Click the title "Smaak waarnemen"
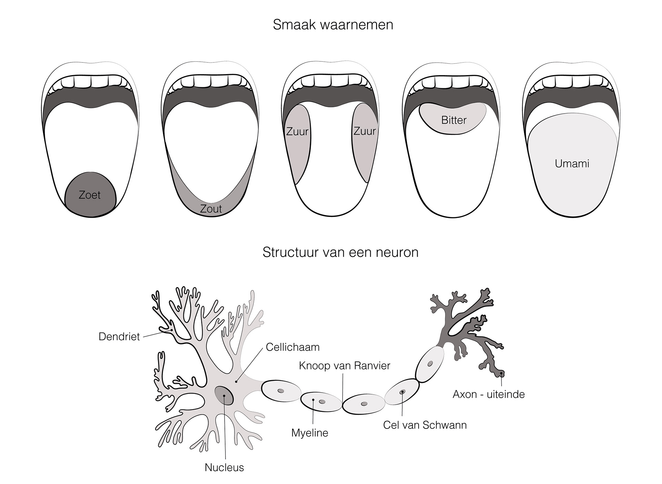(x=333, y=25)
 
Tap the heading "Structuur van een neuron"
(x=340, y=252)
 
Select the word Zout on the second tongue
(x=211, y=209)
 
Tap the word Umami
(x=572, y=164)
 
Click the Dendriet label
(x=119, y=336)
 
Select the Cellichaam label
(x=292, y=347)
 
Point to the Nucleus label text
(x=224, y=467)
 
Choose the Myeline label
(x=310, y=433)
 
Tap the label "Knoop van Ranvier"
(x=344, y=366)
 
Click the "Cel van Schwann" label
(x=425, y=425)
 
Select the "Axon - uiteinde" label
(x=489, y=394)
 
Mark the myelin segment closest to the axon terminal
(x=430, y=364)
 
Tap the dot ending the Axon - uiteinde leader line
(x=501, y=374)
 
